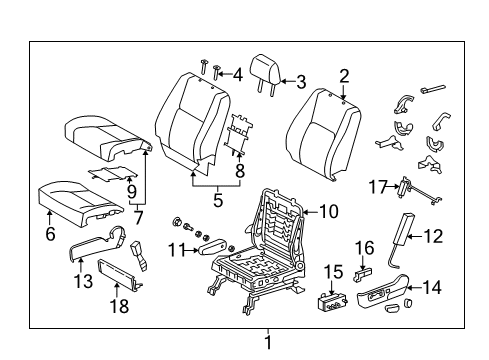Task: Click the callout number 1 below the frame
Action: (267, 343)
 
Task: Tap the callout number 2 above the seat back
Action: (343, 74)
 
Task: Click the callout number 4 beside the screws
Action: (236, 74)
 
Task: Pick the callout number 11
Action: (176, 250)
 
